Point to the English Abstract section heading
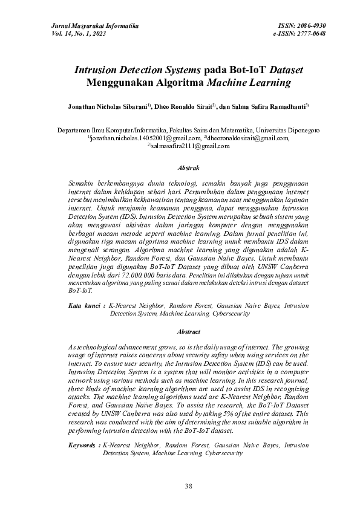pyautogui.click(x=188, y=332)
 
